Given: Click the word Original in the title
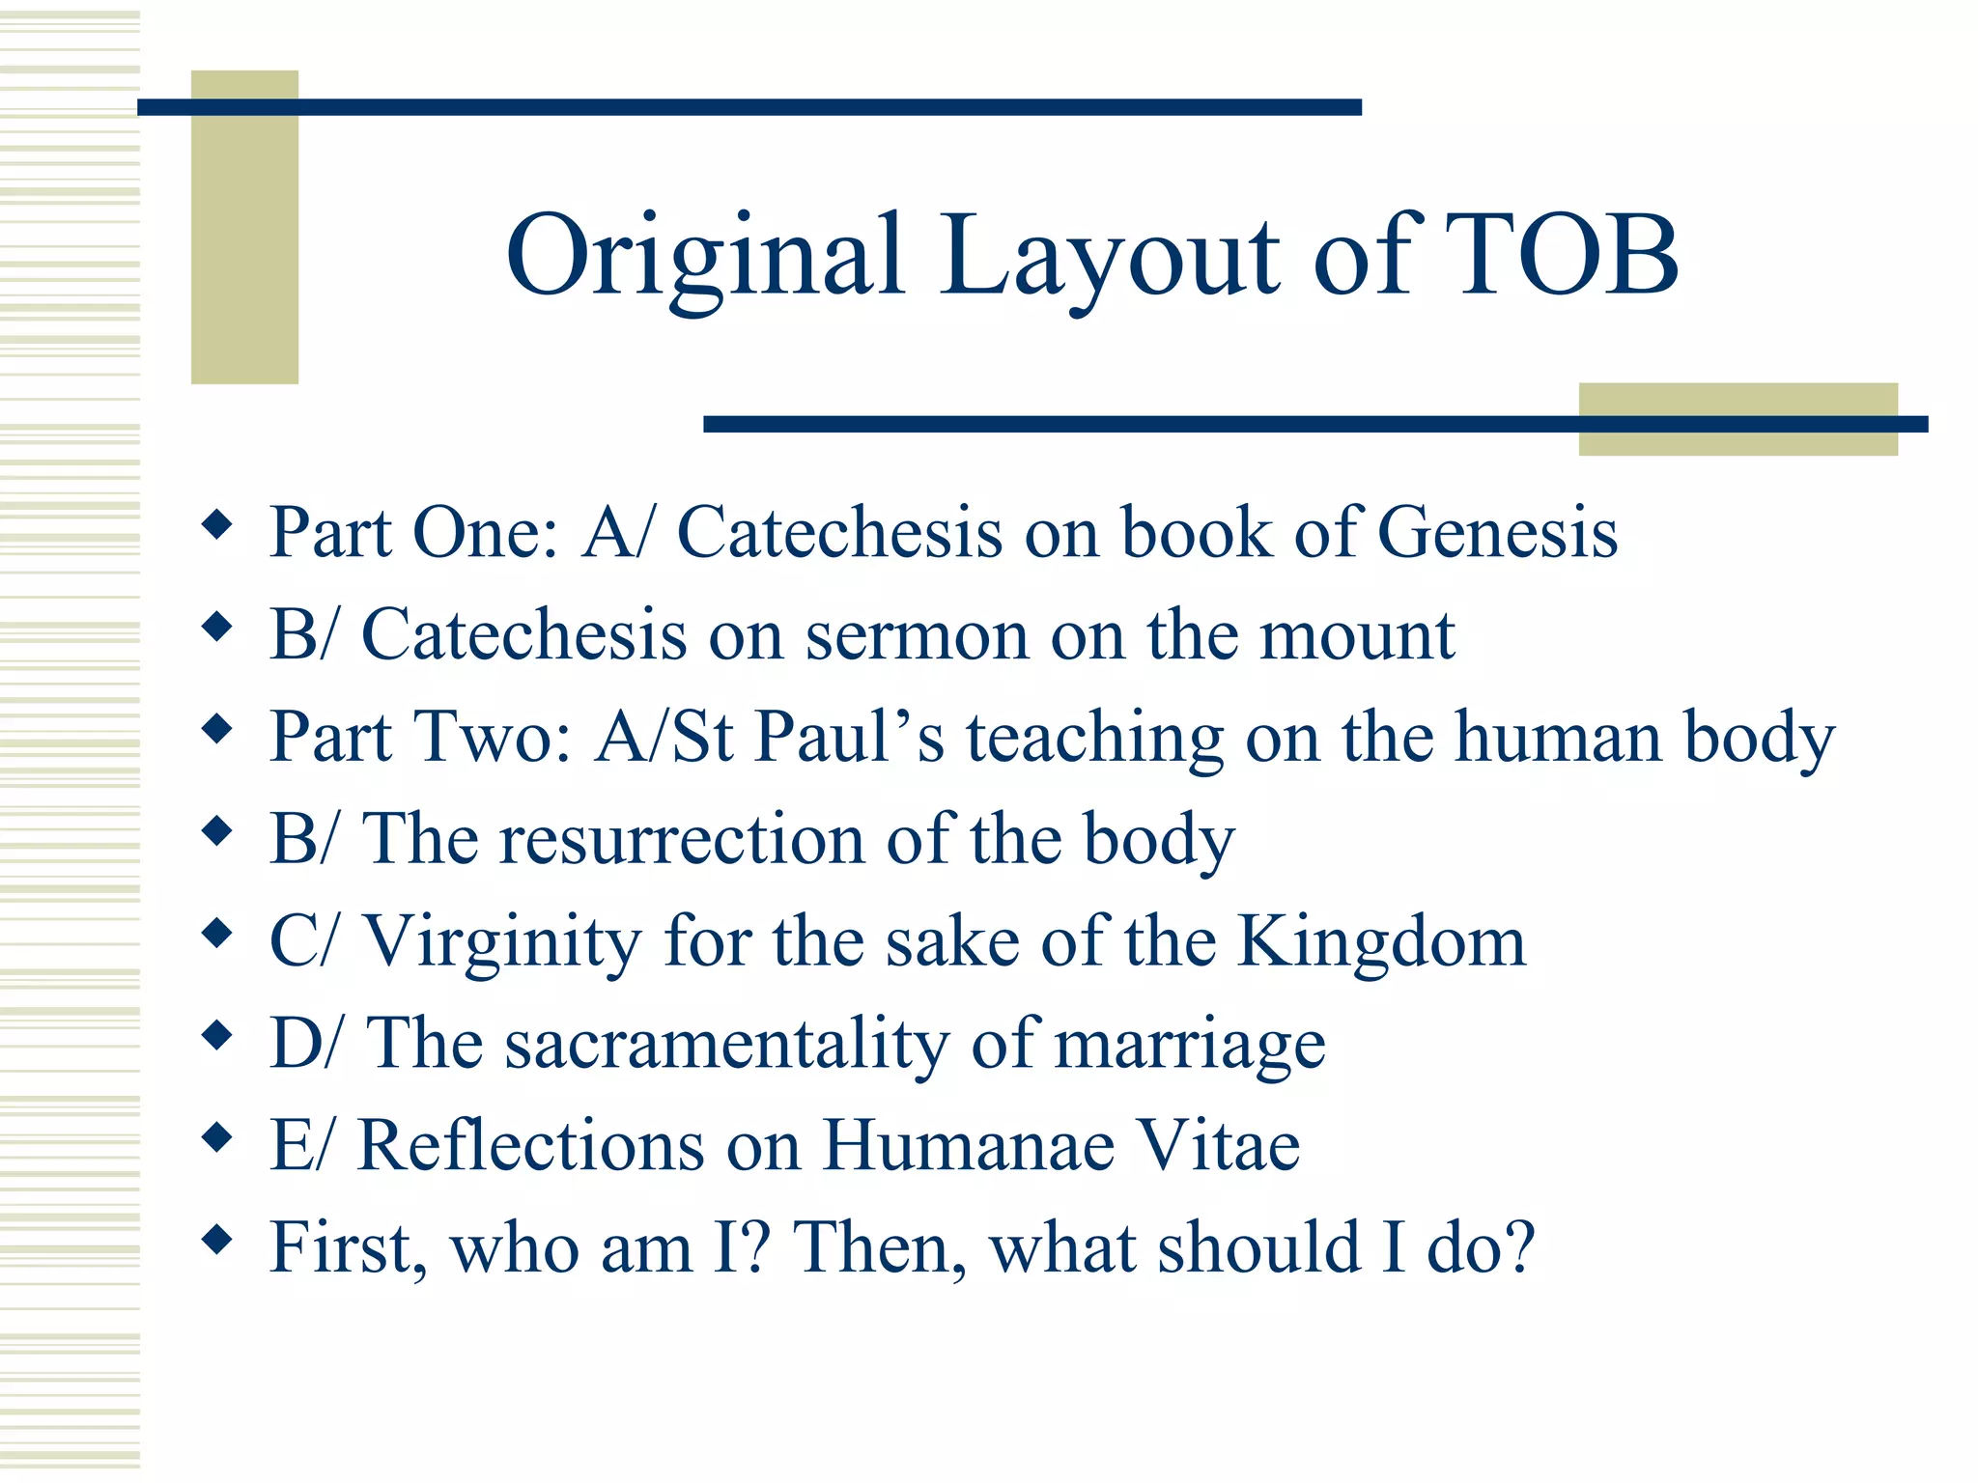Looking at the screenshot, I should pos(705,257).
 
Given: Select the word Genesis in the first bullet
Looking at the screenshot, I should pos(1497,532).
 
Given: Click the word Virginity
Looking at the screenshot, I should pos(502,941).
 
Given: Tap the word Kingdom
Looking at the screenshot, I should pos(1382,940).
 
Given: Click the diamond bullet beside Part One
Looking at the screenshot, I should pos(218,526).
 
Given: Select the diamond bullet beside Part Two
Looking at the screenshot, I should pos(218,729).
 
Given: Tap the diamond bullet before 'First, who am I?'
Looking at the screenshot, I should pos(218,1239).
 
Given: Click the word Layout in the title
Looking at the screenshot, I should pos(1111,257).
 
